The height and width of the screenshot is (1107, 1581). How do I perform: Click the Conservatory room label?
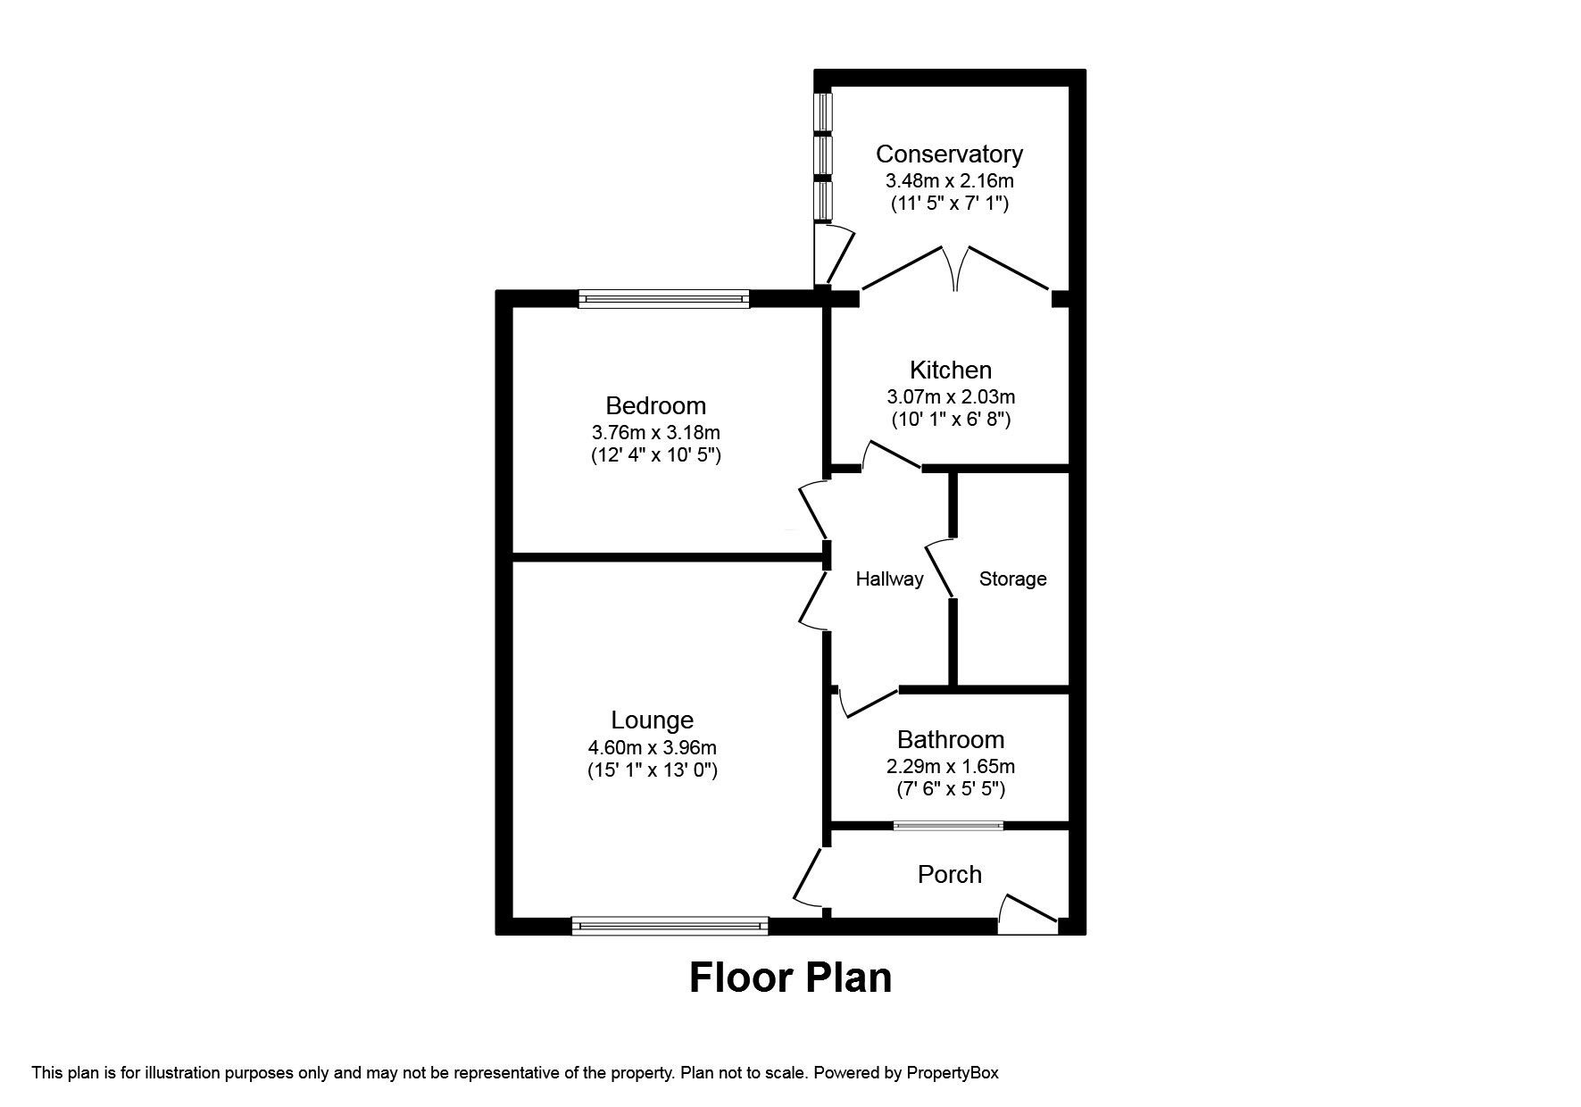point(949,154)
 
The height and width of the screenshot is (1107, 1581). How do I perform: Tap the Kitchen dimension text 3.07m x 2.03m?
point(950,396)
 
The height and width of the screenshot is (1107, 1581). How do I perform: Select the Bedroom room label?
point(655,405)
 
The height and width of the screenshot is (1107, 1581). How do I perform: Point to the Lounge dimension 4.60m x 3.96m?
point(652,747)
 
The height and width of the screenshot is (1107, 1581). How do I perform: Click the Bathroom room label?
point(950,739)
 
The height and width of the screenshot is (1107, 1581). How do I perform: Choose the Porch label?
point(949,874)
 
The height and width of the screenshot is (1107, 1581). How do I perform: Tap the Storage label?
point(1012,578)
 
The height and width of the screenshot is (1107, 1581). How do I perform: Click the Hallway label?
point(889,578)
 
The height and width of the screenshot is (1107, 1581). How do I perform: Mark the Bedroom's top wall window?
point(663,300)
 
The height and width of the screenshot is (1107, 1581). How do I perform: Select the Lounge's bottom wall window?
point(670,926)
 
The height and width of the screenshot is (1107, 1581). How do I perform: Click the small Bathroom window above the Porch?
point(949,826)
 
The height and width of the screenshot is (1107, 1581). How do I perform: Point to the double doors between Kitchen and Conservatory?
point(956,268)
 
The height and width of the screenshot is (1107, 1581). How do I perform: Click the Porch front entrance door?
point(1027,915)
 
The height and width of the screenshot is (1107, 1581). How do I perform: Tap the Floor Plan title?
point(790,978)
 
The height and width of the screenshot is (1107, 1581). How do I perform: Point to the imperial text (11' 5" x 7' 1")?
point(949,204)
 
